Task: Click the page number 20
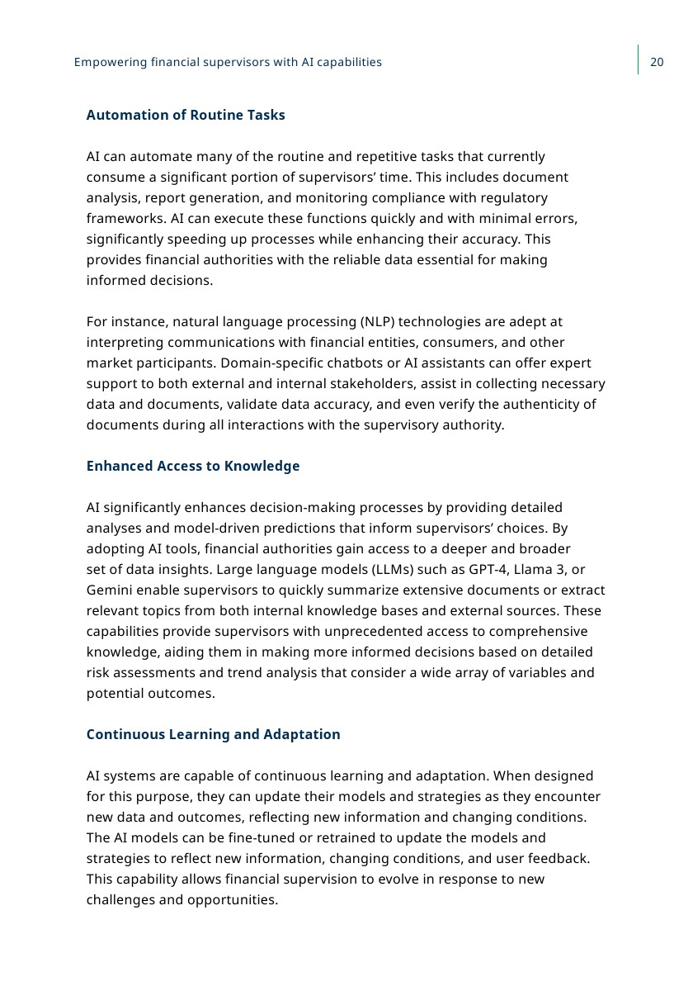coord(657,62)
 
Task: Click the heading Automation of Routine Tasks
coord(186,115)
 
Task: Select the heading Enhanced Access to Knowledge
coord(193,466)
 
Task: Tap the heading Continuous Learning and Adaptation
coord(213,734)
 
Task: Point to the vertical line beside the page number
coord(638,59)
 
